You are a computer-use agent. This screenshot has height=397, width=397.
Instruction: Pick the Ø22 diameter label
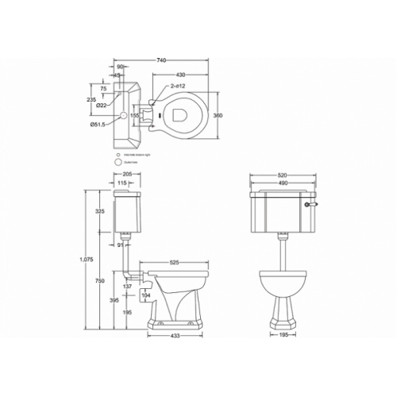pyautogui.click(x=102, y=105)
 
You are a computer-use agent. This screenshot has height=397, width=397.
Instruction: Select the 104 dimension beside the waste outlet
pyautogui.click(x=145, y=295)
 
